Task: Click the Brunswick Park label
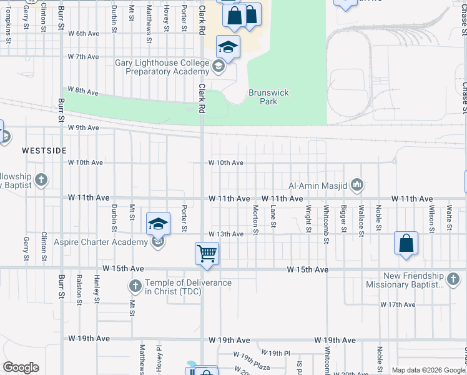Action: tap(268, 97)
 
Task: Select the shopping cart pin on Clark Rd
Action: tap(207, 254)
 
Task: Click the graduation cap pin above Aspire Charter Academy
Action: tap(159, 222)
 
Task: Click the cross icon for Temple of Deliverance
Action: tap(135, 287)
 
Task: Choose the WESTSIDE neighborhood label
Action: tap(44, 151)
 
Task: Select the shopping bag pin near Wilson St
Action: tap(406, 243)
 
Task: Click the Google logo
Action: tap(21, 367)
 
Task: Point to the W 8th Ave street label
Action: tap(83, 91)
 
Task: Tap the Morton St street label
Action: tap(255, 220)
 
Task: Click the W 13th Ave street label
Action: tap(225, 234)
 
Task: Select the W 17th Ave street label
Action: tap(398, 304)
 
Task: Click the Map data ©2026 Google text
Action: tap(428, 370)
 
